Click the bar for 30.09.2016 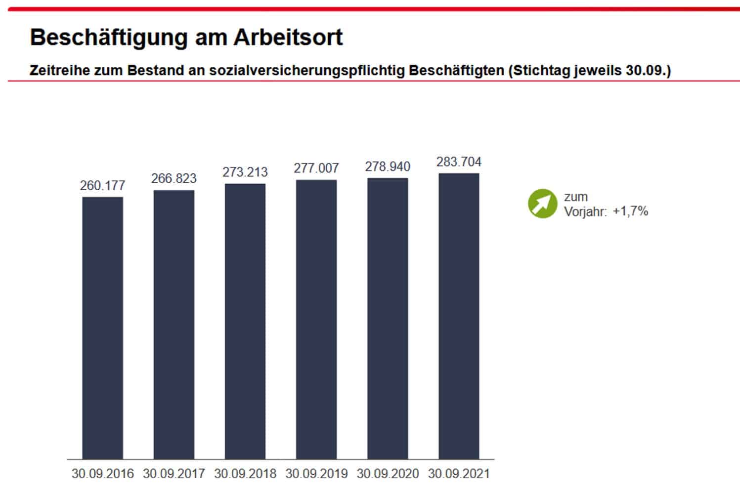[102, 328]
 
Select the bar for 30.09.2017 [174, 325]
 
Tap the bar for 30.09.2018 [245, 322]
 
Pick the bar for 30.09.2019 [316, 320]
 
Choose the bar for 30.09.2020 [388, 319]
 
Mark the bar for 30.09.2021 [459, 316]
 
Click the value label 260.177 [102, 186]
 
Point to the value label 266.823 [174, 178]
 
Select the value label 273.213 [245, 172]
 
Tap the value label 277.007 [316, 168]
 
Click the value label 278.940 [388, 167]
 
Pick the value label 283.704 [459, 162]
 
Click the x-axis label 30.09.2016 [102, 474]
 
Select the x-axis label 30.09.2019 [316, 474]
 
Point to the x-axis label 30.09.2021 [459, 474]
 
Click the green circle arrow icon [542, 204]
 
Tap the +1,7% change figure [630, 211]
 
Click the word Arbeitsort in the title [288, 38]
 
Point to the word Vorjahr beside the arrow [585, 212]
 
